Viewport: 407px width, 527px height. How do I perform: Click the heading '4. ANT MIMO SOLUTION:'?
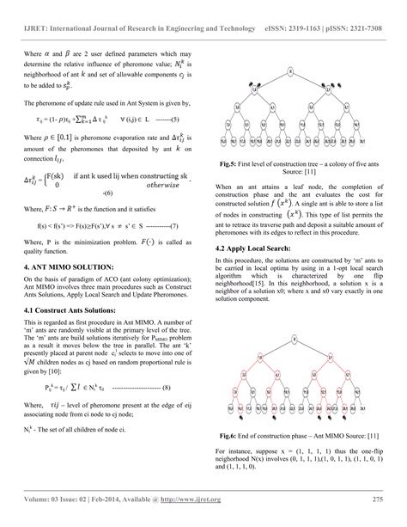coord(67,268)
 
